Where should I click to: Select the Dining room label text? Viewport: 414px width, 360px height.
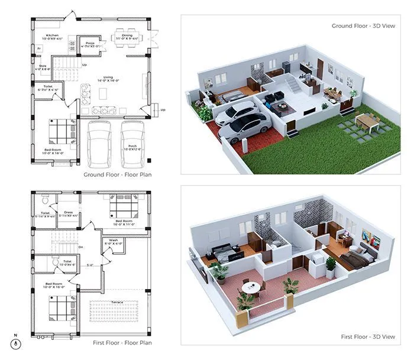[x=127, y=35]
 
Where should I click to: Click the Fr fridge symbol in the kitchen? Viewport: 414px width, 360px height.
[x=39, y=48]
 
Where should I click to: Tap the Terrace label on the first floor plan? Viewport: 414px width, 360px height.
[x=118, y=301]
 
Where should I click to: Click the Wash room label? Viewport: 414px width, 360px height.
[x=114, y=240]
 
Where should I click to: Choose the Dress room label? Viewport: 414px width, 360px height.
[x=69, y=211]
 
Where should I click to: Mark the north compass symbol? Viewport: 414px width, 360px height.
[x=16, y=343]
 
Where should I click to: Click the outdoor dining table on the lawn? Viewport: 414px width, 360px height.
[x=367, y=121]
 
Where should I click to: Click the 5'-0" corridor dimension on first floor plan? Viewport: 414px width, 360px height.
[x=90, y=265]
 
